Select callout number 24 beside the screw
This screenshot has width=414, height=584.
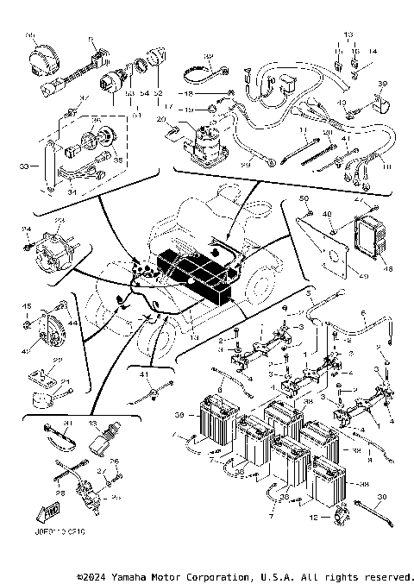tap(27, 229)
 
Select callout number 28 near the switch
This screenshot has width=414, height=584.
tap(60, 493)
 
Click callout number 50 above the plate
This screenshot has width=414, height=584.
tap(304, 200)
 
